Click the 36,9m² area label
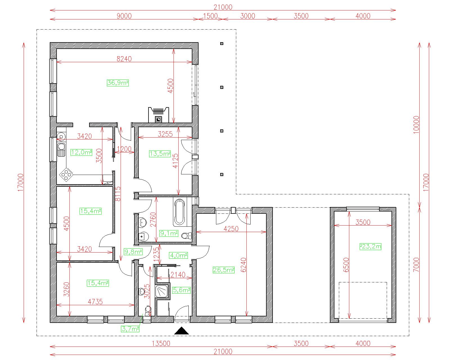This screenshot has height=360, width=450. (118, 83)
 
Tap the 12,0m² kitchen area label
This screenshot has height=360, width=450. (81, 152)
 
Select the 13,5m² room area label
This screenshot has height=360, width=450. (160, 154)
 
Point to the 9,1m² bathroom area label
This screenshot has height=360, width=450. (169, 233)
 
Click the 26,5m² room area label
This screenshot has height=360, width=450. (224, 270)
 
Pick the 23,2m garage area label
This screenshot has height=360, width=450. (370, 247)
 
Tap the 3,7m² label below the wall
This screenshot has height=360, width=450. (130, 329)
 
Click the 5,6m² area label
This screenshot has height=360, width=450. (181, 290)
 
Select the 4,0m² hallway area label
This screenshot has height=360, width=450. (179, 255)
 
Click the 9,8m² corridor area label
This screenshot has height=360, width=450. (133, 251)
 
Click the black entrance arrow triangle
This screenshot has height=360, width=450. (181, 331)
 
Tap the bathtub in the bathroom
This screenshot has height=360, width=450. (179, 212)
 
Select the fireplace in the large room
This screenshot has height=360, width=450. (159, 115)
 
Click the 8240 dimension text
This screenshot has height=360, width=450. (124, 59)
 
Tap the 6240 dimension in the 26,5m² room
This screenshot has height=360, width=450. (244, 265)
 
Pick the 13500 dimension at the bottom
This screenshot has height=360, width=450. (161, 343)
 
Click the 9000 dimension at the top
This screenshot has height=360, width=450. (124, 16)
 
